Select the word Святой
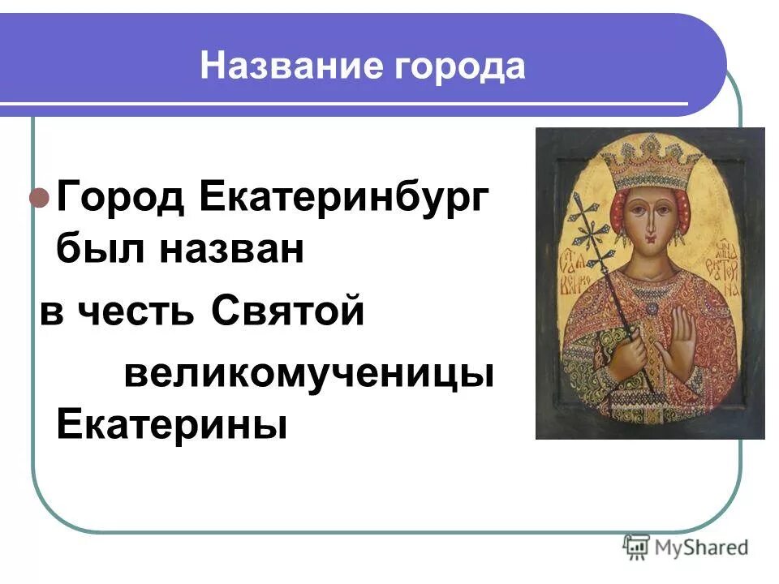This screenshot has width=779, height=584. click(288, 313)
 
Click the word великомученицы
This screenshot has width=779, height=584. click(309, 374)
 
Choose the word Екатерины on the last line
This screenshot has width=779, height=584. click(172, 425)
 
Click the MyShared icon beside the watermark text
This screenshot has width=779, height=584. click(636, 547)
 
